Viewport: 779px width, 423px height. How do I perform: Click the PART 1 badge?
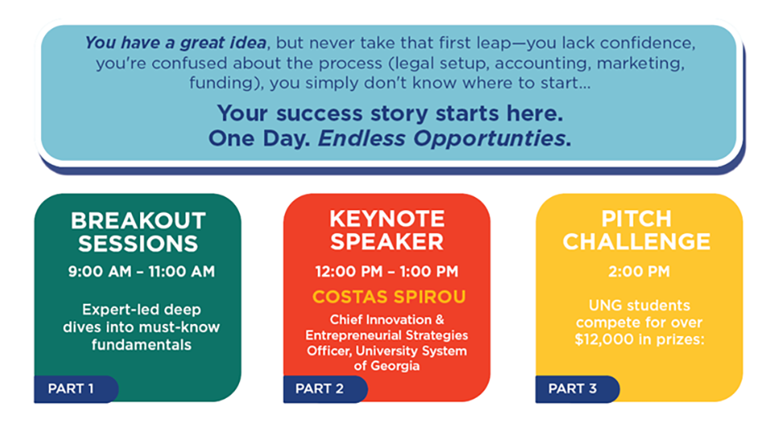tap(72, 389)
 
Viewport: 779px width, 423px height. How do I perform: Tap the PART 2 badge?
tap(321, 389)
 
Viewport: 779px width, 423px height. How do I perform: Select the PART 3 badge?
tap(573, 389)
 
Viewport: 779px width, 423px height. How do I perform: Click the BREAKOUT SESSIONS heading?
tap(138, 232)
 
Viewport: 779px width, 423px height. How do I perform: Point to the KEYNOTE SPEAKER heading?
tap(386, 230)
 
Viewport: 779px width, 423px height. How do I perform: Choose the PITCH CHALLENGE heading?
tap(636, 230)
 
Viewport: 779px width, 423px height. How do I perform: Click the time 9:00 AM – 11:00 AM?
tap(141, 272)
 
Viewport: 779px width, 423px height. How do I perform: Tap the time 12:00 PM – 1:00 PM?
tap(386, 272)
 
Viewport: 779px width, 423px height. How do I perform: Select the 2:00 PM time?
tap(639, 272)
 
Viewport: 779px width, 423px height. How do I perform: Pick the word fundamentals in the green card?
tap(141, 344)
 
